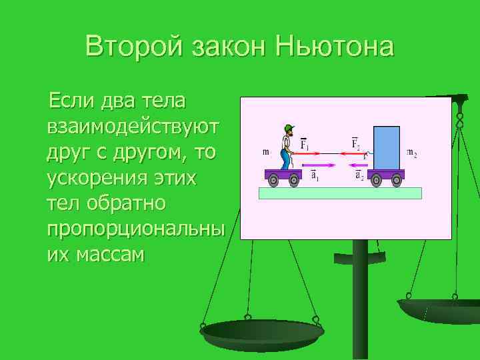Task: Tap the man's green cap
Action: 289,127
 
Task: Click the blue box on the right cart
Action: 386,148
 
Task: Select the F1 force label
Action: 304,144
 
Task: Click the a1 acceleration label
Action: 315,176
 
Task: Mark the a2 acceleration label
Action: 359,176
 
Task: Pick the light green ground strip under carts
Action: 340,193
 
